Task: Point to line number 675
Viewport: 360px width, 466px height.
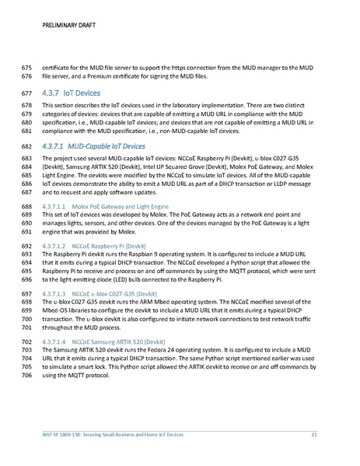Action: (26, 67)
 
